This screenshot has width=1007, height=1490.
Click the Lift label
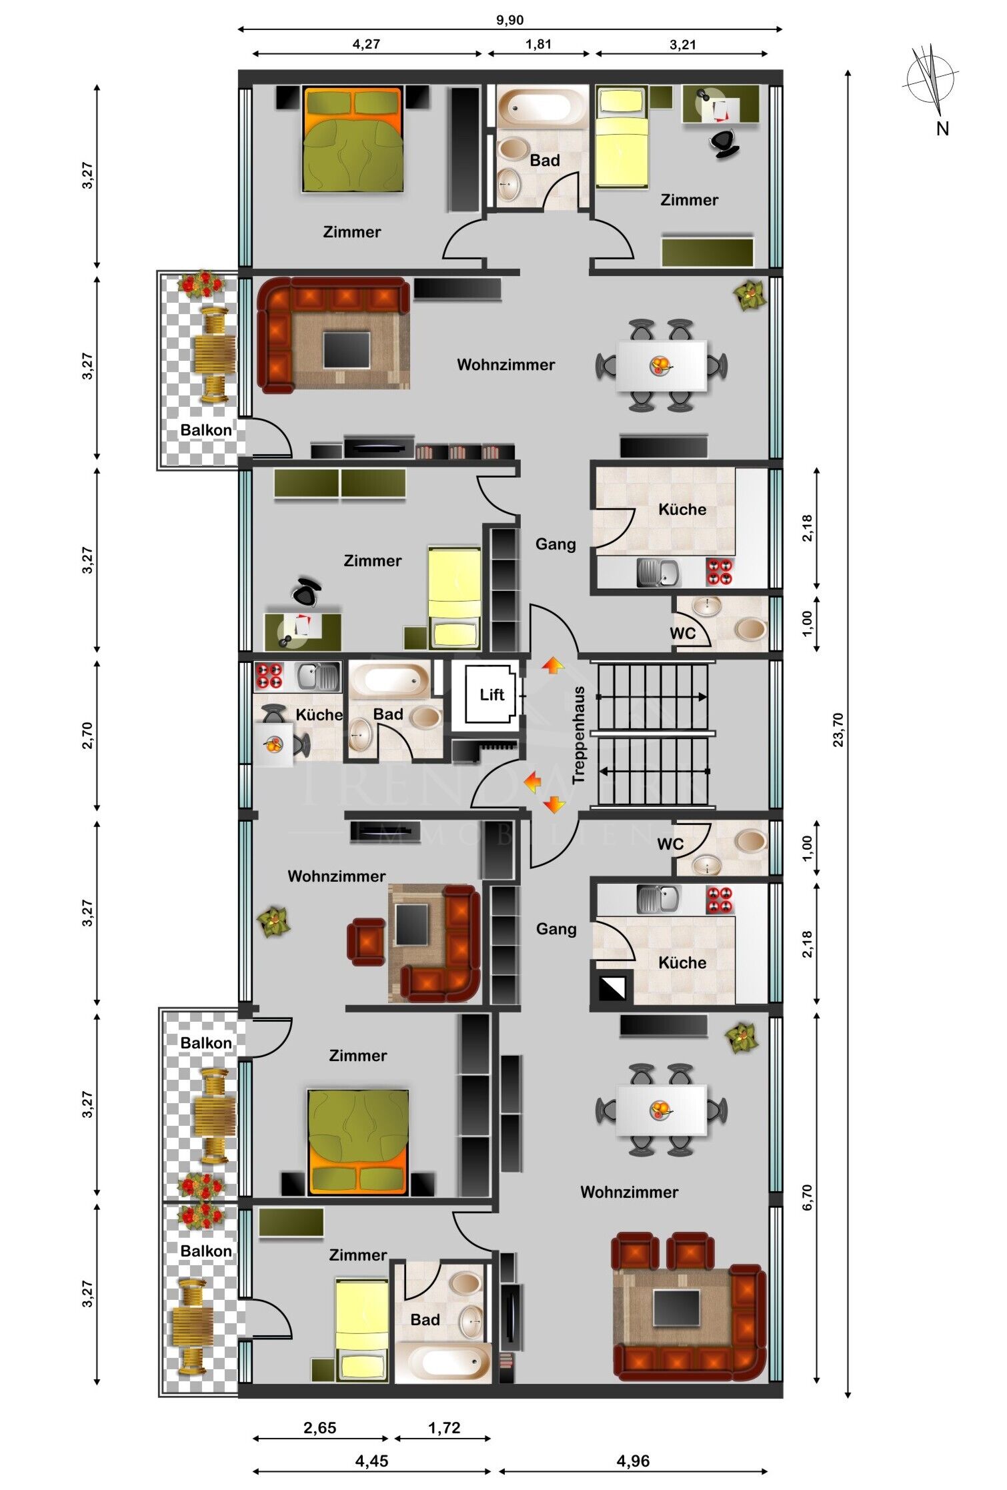(x=492, y=694)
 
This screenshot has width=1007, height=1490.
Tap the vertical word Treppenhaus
(x=578, y=735)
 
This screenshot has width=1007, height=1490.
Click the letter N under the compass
(x=942, y=129)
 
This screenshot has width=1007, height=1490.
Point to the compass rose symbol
(x=930, y=79)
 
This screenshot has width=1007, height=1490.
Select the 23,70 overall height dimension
(x=838, y=730)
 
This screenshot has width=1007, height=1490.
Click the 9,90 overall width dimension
(x=510, y=20)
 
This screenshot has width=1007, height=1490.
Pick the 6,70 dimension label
(x=808, y=1197)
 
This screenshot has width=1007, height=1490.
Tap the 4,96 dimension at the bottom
(x=633, y=1461)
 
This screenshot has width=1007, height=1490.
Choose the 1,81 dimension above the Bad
(x=538, y=44)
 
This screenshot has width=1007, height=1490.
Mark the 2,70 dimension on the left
(x=87, y=736)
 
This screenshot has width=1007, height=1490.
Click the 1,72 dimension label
(x=444, y=1427)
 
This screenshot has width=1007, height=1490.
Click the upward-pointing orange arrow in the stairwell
(x=553, y=665)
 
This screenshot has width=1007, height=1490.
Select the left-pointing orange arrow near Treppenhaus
(x=532, y=782)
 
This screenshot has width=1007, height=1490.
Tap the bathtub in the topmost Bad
(x=542, y=106)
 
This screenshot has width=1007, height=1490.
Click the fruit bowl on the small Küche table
(x=273, y=744)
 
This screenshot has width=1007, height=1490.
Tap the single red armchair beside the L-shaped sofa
(x=366, y=942)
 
